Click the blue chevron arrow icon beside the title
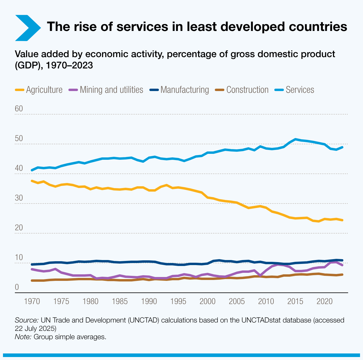tap(28, 27)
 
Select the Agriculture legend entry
tap(39, 90)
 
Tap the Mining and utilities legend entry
tap(106, 90)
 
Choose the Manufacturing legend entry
tap(179, 90)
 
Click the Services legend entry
tap(294, 90)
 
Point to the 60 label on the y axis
tap(19, 109)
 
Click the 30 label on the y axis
tap(19, 198)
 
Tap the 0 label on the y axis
tap(17, 287)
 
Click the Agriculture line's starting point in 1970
tap(32, 181)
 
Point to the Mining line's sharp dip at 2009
tap(260, 276)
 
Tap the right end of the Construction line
tap(342, 274)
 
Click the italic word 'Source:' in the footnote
tap(26, 320)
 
